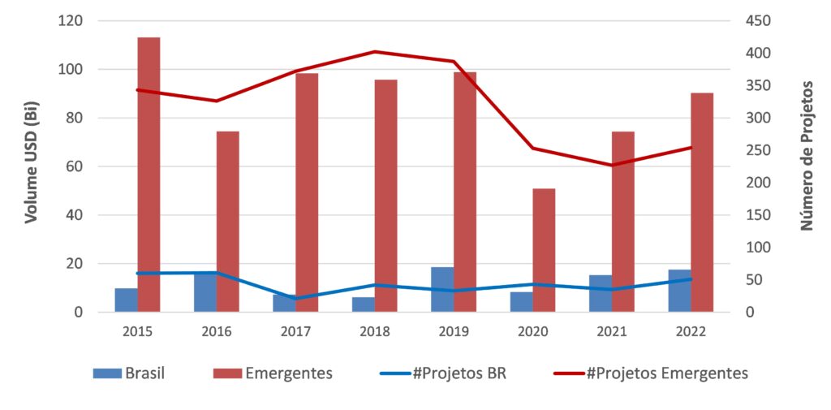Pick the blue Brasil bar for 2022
click(x=679, y=291)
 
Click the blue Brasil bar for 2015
click(x=126, y=300)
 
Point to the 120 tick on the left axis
click(x=70, y=20)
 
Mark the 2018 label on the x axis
click(x=375, y=332)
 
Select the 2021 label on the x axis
click(x=612, y=332)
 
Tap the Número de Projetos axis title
click(x=807, y=155)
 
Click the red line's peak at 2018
click(x=375, y=52)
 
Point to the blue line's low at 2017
click(x=295, y=298)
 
